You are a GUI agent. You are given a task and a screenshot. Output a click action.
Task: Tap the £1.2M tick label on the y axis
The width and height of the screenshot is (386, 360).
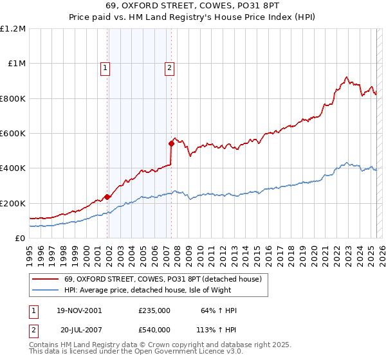point(13,29)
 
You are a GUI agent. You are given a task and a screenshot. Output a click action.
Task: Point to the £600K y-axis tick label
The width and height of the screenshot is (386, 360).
point(13,134)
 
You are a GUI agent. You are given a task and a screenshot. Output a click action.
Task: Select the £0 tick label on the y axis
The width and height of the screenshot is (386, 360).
point(20,238)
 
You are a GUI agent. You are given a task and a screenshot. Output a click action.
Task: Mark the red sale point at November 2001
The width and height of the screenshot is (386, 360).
point(107,197)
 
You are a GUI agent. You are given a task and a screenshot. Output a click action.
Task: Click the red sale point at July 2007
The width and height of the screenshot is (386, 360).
point(172,143)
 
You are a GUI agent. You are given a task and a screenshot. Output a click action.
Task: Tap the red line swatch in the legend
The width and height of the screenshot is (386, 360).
point(46,280)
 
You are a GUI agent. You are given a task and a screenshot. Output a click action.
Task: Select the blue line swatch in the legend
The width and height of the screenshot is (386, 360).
point(46,291)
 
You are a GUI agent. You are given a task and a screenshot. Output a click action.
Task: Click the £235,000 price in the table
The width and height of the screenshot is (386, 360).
point(154,310)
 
